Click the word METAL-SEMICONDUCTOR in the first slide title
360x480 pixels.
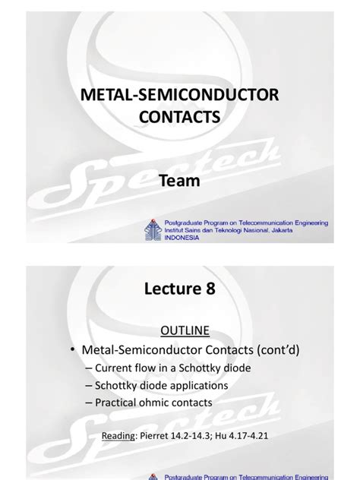point(179,95)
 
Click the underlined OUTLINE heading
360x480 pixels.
point(179,331)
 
